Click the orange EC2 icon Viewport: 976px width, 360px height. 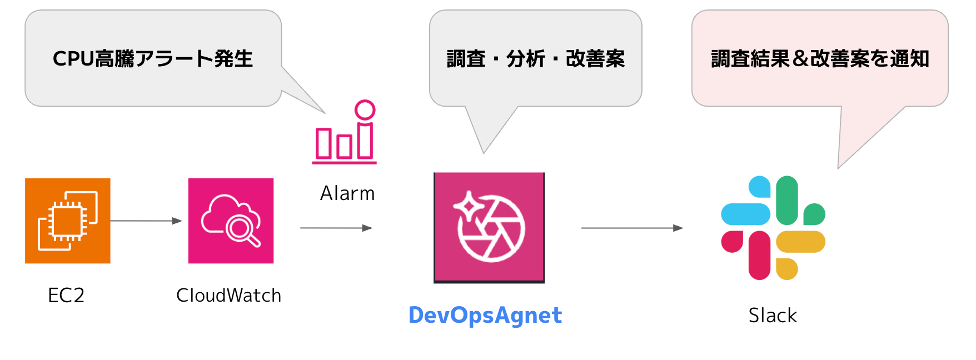(68, 221)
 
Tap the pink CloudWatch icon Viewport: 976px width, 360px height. (231, 221)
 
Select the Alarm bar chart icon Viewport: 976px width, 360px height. (345, 133)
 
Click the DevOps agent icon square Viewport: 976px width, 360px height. (489, 227)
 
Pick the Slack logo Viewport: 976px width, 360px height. (773, 228)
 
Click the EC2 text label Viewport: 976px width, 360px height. (66, 296)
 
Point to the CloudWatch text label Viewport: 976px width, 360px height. (228, 296)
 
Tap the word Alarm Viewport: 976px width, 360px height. (347, 194)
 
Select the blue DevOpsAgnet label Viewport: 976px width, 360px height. (485, 316)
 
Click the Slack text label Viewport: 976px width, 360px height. (773, 316)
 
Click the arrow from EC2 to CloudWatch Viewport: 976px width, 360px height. (146, 221)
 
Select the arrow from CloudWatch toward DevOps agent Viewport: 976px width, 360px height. (336, 228)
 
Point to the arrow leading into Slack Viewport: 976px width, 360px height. (632, 228)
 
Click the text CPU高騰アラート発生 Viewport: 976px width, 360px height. (153, 58)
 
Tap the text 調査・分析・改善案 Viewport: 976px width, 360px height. (536, 58)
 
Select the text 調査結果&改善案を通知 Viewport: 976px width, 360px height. (820, 58)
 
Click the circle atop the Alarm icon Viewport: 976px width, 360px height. (365, 110)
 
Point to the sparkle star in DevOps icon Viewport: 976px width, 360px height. (469, 206)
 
